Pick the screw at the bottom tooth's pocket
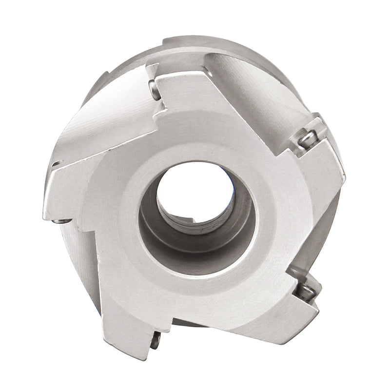156,342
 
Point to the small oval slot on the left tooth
57,163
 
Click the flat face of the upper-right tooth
317,175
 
